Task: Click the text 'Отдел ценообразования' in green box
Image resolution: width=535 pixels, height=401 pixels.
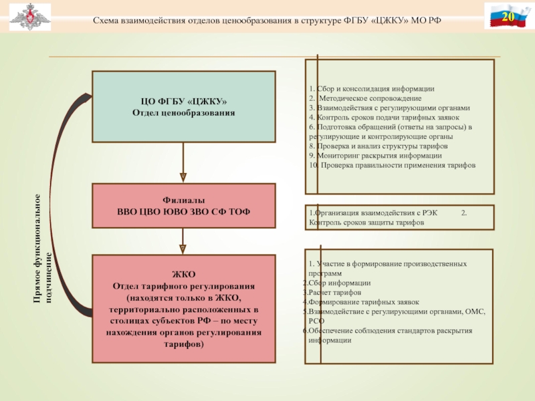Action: (x=183, y=113)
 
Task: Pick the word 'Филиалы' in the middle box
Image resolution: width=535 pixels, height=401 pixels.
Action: (x=183, y=200)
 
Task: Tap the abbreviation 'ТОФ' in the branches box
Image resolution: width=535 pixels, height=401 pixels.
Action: (x=239, y=211)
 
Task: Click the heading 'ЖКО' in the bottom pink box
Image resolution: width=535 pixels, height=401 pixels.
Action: (x=183, y=274)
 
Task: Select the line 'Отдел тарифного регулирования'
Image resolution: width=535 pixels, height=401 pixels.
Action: (x=183, y=286)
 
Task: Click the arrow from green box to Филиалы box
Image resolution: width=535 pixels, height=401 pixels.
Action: (x=183, y=163)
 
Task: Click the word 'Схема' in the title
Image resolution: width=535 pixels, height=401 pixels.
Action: (x=106, y=22)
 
